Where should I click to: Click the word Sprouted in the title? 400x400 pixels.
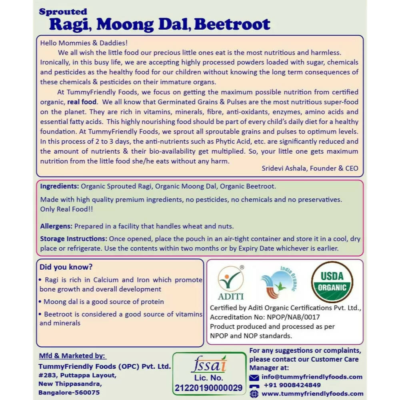(63, 12)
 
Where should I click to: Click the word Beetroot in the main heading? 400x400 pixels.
(232, 24)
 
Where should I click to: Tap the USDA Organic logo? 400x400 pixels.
(332, 282)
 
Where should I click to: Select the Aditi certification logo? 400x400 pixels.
(230, 283)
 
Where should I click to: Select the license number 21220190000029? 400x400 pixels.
(208, 388)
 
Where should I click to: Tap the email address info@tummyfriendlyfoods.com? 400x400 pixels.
(312, 377)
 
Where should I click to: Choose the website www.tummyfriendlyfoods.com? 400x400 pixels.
(312, 394)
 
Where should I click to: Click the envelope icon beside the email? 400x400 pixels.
(254, 378)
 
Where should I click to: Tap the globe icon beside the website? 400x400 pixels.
(254, 394)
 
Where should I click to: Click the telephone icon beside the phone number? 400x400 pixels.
(254, 386)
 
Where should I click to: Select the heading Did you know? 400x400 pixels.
(66, 267)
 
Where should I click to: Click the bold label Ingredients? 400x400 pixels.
(59, 186)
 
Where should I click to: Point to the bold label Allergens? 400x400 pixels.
(56, 226)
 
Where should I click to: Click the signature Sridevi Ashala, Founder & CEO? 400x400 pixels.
(310, 168)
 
